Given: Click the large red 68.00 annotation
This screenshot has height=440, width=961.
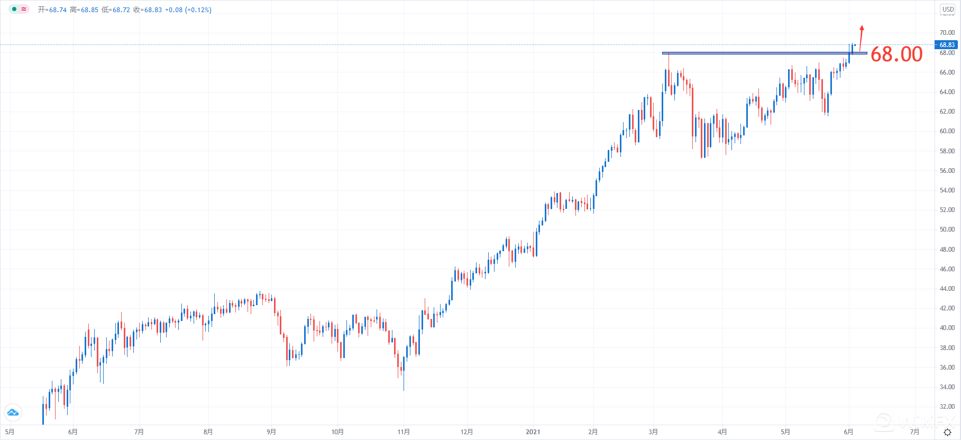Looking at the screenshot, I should click(x=896, y=54).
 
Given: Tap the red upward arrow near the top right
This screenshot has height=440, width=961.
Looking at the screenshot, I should click(x=861, y=37).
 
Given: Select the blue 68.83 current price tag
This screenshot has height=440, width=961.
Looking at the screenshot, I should click(x=947, y=45).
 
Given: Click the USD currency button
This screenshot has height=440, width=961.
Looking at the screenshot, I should click(x=948, y=10).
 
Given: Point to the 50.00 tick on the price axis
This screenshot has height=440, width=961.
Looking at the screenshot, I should click(x=947, y=230).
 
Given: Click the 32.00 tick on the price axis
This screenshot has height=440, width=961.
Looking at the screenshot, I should click(x=947, y=407).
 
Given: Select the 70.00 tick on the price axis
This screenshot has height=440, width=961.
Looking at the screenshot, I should click(x=947, y=33).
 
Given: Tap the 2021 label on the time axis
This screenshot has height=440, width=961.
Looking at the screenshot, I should click(x=533, y=432).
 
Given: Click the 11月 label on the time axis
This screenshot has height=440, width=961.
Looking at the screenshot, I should click(x=404, y=432).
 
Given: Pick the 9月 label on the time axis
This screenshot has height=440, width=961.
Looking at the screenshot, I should click(x=271, y=432).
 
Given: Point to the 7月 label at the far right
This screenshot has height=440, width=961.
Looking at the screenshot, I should click(x=914, y=432).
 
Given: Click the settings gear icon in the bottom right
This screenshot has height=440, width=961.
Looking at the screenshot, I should click(x=947, y=433).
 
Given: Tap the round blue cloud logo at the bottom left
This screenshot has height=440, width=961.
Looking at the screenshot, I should click(x=13, y=412).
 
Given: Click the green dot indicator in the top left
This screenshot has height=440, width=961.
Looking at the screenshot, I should click(x=14, y=10).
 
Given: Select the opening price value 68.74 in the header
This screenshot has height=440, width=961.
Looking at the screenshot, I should click(x=58, y=10).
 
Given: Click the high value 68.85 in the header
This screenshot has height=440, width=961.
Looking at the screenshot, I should click(x=89, y=10).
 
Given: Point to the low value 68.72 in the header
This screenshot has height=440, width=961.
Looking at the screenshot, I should click(x=121, y=10).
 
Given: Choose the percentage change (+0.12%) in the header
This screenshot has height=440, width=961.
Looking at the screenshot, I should click(x=198, y=10).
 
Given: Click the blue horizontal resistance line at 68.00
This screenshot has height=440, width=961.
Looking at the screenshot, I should click(x=756, y=53).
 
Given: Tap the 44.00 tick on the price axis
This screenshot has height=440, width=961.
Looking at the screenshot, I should click(x=947, y=289).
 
